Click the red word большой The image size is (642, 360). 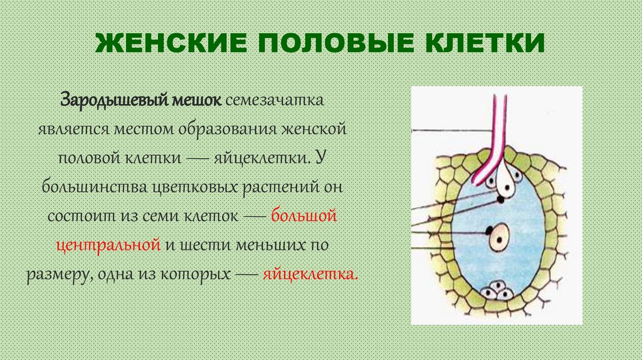304,216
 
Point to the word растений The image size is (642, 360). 270,188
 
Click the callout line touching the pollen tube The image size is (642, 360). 451,130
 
